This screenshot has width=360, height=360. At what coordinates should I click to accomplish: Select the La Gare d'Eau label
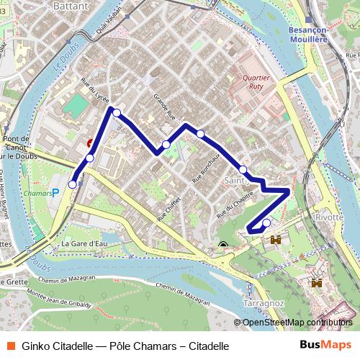coord(84,244)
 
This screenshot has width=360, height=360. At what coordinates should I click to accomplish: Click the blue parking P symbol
coord(56,193)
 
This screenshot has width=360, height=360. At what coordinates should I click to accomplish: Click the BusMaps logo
coord(325,345)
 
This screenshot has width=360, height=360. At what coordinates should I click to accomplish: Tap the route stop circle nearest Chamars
coord(72,185)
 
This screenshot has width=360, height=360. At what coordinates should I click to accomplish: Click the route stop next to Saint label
coord(243,170)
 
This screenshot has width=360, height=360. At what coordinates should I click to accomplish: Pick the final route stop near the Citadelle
coord(266,222)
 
